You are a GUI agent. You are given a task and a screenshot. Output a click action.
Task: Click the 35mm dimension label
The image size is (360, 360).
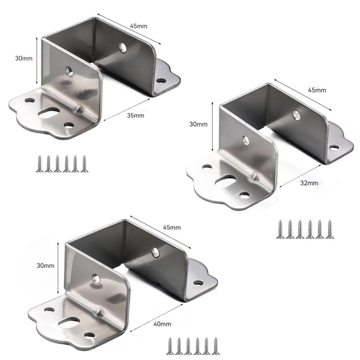pyautogui.click(x=136, y=115)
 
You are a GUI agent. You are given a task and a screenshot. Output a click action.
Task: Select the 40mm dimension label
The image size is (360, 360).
pyautogui.click(x=163, y=324)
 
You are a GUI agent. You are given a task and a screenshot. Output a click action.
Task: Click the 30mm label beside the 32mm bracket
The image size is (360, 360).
pyautogui.click(x=198, y=124)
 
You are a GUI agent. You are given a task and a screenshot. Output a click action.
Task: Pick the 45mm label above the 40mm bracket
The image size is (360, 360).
pyautogui.click(x=172, y=227)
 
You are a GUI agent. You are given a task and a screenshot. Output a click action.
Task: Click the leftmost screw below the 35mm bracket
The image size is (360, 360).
pyautogui.click(x=39, y=164)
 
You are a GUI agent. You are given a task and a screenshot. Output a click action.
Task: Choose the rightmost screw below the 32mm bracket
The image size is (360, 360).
pyautogui.click(x=329, y=229)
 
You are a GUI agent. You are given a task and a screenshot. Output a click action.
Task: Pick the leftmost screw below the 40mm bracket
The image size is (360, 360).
pyautogui.click(x=170, y=346)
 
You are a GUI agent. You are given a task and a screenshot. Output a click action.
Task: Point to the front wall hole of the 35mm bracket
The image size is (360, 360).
pyautogui.click(x=69, y=70)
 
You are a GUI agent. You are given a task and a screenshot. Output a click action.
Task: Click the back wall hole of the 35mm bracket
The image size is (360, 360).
pyautogui.click(x=123, y=47)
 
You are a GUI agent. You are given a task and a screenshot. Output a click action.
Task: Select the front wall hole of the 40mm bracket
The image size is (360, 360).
pyautogui.click(x=96, y=278)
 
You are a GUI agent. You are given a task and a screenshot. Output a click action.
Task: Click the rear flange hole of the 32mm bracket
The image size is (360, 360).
pyautogui.click(x=334, y=147)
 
